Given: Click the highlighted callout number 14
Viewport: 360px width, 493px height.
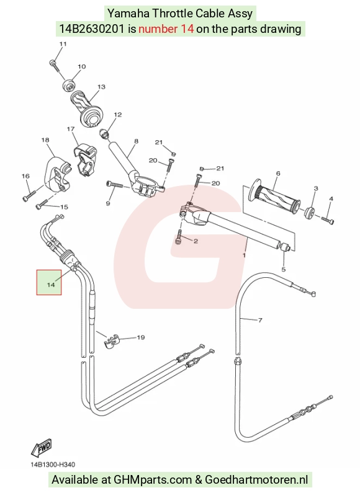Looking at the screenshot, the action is tap(51, 285).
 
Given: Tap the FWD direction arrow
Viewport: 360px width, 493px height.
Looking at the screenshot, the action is tap(41, 448).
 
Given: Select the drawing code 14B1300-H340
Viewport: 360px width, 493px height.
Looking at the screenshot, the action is tap(53, 464).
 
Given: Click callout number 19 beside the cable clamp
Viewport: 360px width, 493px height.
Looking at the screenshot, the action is tap(141, 337).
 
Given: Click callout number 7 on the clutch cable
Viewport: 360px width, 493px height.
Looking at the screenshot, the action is tap(260, 321).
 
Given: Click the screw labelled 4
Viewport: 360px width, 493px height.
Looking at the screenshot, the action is tap(327, 220).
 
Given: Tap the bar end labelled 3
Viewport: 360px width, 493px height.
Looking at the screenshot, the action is tap(309, 213).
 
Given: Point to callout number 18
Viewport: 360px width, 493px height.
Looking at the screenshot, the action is tap(45, 140).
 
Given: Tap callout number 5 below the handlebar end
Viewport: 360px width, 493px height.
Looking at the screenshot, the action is tap(283, 270).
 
